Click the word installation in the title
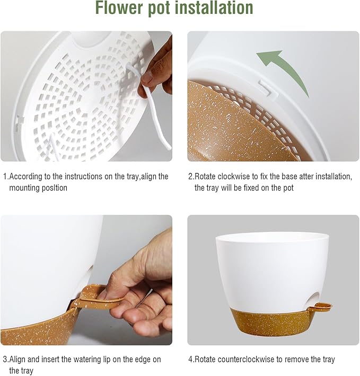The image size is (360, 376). [218, 9]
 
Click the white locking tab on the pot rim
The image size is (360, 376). [268, 87]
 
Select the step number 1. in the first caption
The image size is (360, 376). [5, 176]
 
